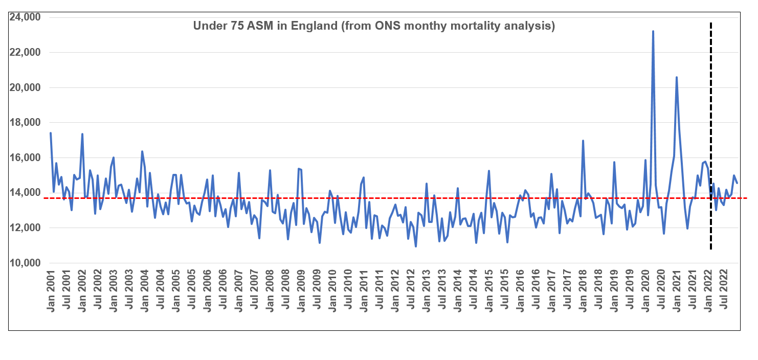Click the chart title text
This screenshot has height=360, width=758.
(374, 26)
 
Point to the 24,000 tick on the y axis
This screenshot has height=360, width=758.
(26, 17)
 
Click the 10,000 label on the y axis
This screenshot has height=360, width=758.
(26, 263)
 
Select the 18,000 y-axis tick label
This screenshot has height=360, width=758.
(26, 123)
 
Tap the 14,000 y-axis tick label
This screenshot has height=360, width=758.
(26, 193)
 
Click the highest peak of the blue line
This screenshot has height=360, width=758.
(653, 31)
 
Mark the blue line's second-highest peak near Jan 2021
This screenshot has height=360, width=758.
(677, 77)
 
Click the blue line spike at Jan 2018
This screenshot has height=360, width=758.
(583, 141)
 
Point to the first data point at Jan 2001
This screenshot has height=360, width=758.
(51, 133)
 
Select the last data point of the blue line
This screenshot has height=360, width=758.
(737, 183)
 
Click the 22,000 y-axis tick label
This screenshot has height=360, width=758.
(26, 53)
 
